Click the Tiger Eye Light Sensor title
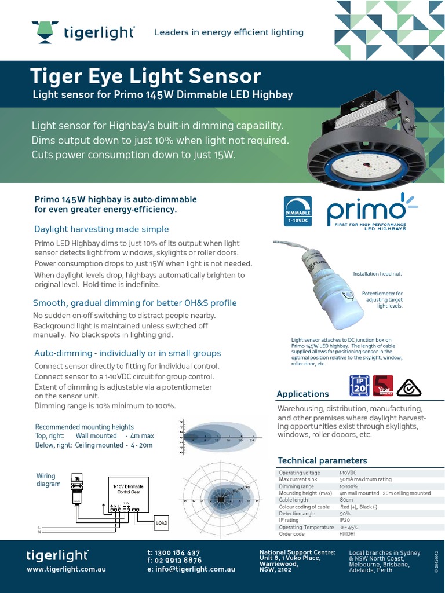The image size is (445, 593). (145, 76)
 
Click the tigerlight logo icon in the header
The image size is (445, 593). (44, 32)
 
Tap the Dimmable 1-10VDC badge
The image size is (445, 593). (297, 211)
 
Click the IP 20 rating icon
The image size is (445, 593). (359, 385)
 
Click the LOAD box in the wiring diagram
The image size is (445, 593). (162, 524)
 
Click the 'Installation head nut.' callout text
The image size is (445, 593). (377, 273)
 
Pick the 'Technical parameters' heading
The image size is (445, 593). (322, 460)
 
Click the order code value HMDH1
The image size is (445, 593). (348, 534)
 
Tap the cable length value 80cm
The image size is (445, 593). (346, 500)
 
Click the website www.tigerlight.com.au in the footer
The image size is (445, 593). (66, 569)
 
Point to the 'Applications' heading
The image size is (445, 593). (302, 394)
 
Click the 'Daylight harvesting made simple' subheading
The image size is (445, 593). (101, 229)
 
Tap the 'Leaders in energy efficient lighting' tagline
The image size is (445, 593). (228, 32)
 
